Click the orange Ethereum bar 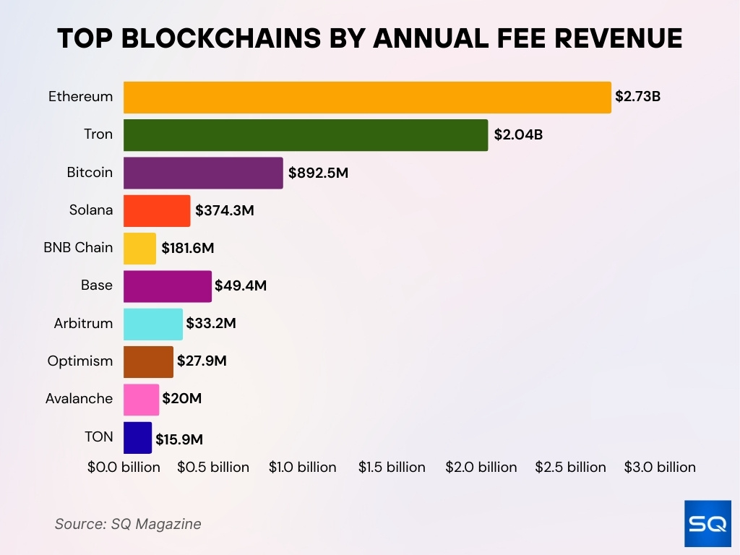pyautogui.click(x=367, y=98)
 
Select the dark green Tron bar pyautogui.click(x=306, y=135)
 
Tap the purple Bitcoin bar pyautogui.click(x=203, y=173)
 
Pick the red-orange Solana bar pyautogui.click(x=157, y=211)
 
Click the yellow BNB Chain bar pyautogui.click(x=139, y=249)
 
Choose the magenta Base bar pyautogui.click(x=168, y=286)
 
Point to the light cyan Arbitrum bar pyautogui.click(x=153, y=324)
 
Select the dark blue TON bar pyautogui.click(x=137, y=437)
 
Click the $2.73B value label pyautogui.click(x=637, y=96)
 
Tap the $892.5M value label pyautogui.click(x=318, y=173)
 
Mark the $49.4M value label pyautogui.click(x=241, y=286)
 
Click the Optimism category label pyautogui.click(x=80, y=361)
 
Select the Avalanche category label pyautogui.click(x=79, y=398)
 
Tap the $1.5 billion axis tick pyautogui.click(x=392, y=468)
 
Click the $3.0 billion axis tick pyautogui.click(x=660, y=468)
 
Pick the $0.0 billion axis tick pyautogui.click(x=124, y=468)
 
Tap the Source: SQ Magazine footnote pyautogui.click(x=128, y=524)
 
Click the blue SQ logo pyautogui.click(x=707, y=523)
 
